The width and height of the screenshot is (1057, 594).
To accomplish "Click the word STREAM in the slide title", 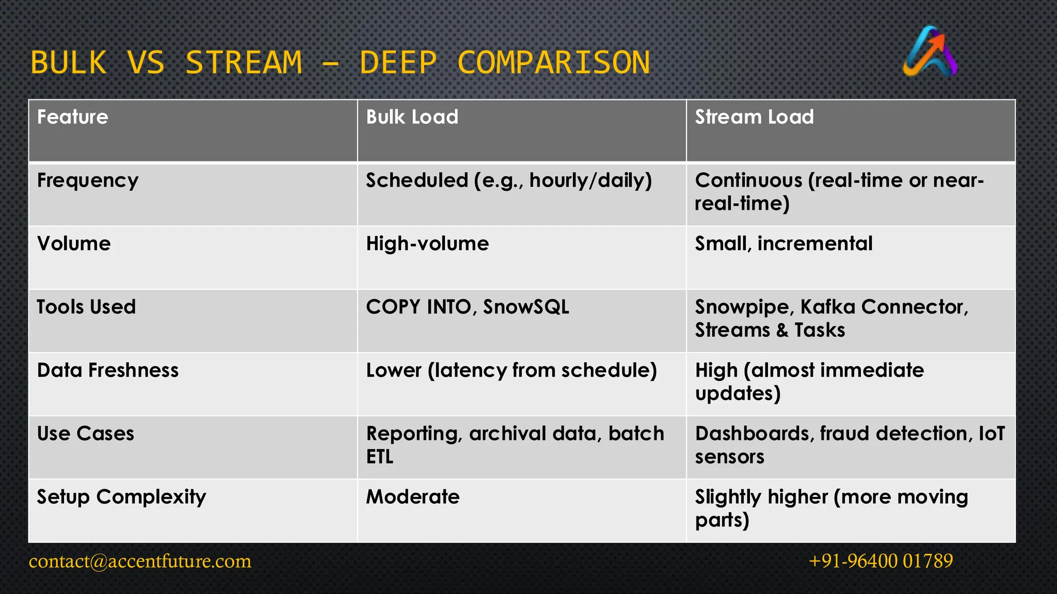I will (244, 63).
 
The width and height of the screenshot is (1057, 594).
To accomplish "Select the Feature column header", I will (73, 117).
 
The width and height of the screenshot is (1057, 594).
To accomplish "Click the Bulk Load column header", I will (412, 117).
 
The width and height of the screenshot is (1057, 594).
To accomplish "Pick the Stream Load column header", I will (754, 117).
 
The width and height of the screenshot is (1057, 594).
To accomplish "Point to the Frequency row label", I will (88, 180).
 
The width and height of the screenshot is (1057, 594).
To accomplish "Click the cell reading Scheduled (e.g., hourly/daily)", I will (509, 180).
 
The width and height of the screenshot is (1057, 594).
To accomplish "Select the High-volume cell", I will (427, 243).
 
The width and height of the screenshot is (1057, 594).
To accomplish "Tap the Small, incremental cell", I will (783, 243).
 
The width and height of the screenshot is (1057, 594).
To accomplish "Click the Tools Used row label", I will (86, 307).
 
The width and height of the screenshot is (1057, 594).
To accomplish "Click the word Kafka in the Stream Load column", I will (828, 307).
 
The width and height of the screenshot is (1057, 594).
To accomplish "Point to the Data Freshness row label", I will (108, 370).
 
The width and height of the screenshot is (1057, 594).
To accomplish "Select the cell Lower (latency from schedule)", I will (511, 370).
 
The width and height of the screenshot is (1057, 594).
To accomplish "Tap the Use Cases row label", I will (86, 434).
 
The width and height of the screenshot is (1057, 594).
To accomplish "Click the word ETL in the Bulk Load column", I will (380, 457).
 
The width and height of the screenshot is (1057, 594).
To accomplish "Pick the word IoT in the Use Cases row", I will (991, 434).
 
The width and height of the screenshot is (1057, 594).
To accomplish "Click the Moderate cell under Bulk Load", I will (413, 497).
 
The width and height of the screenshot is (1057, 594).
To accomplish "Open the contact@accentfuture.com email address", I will (140, 561).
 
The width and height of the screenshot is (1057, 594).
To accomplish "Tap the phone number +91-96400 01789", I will (880, 561).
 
